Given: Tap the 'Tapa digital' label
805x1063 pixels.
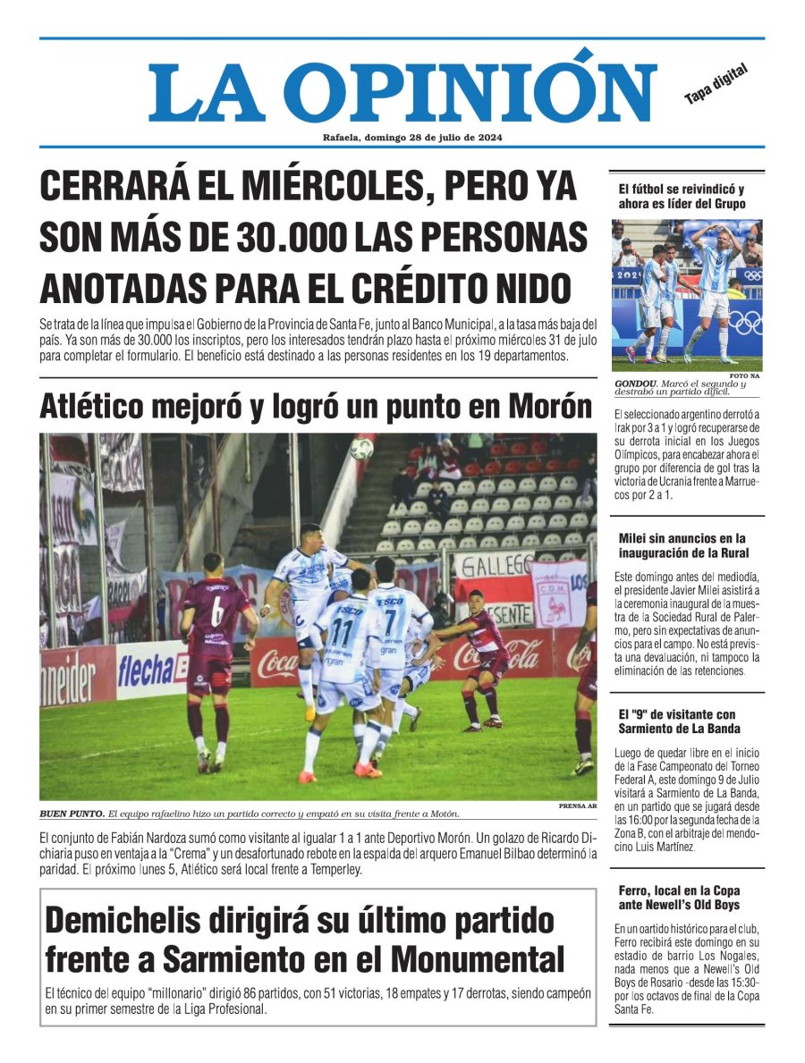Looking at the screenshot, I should pyautogui.click(x=715, y=84).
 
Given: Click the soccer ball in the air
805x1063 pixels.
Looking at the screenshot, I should pyautogui.click(x=361, y=450).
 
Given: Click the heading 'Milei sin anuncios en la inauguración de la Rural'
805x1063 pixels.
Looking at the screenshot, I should pyautogui.click(x=682, y=544).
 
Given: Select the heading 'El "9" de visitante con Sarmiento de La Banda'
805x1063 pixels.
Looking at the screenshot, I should pyautogui.click(x=679, y=721).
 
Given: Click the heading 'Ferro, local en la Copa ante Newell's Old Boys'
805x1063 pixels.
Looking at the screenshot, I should pyautogui.click(x=679, y=898).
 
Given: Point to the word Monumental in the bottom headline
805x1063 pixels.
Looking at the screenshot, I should pyautogui.click(x=478, y=959).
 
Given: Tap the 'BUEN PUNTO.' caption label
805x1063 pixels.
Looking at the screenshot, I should pyautogui.click(x=72, y=814).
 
